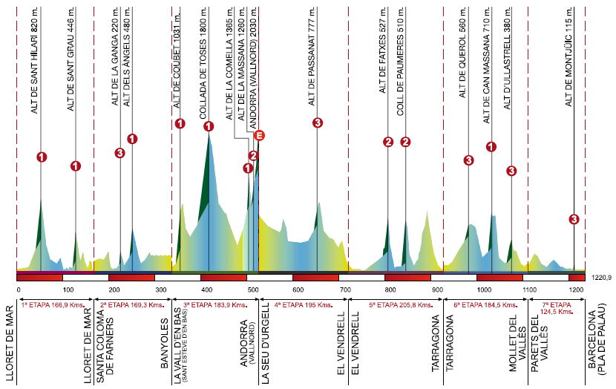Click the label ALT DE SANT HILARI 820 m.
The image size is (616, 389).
tap(34, 64)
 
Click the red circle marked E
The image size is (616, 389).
tap(259, 135)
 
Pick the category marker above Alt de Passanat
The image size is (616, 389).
tap(318, 122)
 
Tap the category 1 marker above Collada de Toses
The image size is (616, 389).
tap(209, 126)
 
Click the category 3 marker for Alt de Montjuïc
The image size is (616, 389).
tap(574, 219)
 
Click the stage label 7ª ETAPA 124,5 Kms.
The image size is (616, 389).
tap(556, 309)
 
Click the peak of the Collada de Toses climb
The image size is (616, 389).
tap(209, 136)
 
